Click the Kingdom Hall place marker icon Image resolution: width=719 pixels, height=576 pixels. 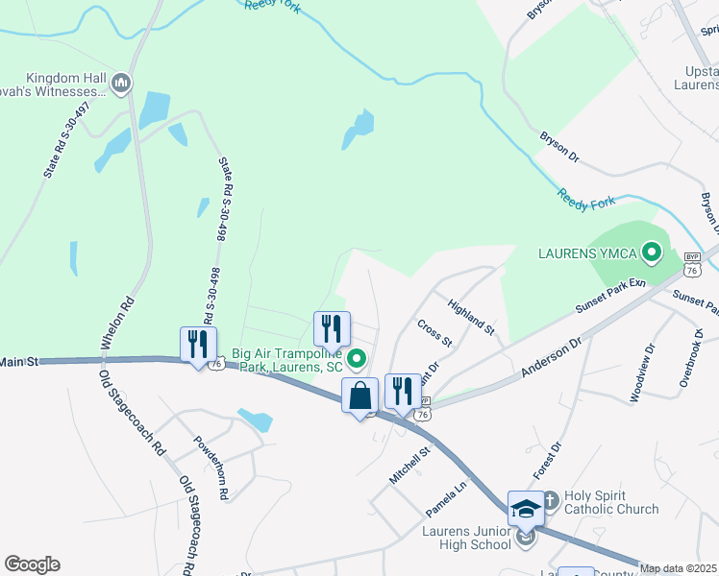click(x=122, y=84)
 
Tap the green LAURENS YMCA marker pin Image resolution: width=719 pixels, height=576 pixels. click(x=651, y=253)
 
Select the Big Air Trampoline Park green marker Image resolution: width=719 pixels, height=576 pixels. click(x=357, y=361)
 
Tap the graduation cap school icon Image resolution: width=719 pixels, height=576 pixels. click(x=526, y=508)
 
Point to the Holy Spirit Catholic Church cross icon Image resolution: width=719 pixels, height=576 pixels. click(x=551, y=500)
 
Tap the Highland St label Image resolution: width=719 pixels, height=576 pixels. click(x=470, y=315)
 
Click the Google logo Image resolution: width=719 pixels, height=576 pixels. click(x=32, y=564)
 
